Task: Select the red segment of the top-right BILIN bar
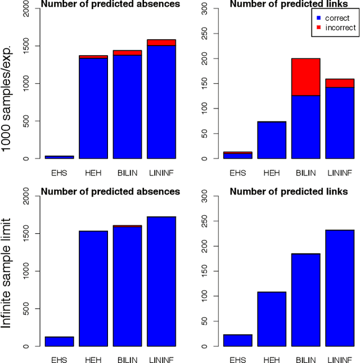pos(301,77)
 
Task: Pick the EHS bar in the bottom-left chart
pos(59,341)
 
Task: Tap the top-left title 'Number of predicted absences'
pos(111,5)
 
